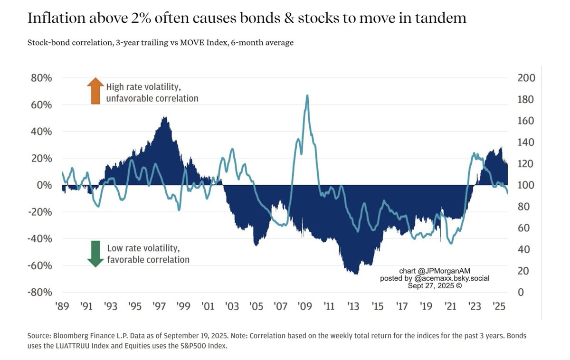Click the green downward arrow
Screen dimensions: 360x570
coord(95,254)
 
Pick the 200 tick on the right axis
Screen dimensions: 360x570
coord(526,78)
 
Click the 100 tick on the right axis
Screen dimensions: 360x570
coord(526,185)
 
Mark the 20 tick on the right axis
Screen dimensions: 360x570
coord(523,271)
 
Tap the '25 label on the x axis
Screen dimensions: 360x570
coord(498,306)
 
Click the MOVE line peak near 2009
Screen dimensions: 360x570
coord(307,95)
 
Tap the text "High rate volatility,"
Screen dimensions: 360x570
coord(143,87)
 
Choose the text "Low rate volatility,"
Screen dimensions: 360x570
coord(142,248)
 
